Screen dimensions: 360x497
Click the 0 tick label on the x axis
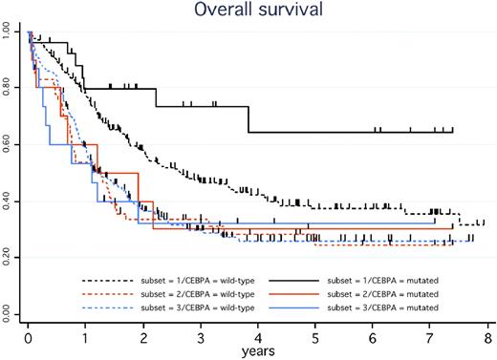[29, 337]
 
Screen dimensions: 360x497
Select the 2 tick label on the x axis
[143, 337]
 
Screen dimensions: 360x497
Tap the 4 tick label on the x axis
[258, 337]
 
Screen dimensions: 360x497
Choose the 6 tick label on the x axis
[373, 337]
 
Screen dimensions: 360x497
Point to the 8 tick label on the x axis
[488, 337]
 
